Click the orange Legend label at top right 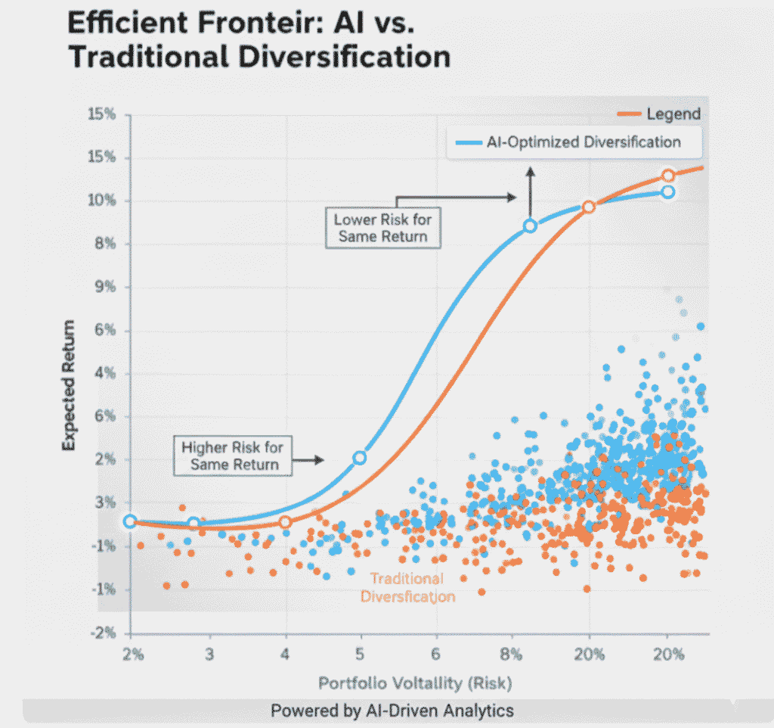673,114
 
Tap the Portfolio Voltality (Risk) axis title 415,683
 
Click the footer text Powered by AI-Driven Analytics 392,711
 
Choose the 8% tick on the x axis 511,654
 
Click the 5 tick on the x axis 361,654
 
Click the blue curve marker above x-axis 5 360,458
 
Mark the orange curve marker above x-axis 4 285,522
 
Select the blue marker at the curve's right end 667,192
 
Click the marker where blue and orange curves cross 589,207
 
